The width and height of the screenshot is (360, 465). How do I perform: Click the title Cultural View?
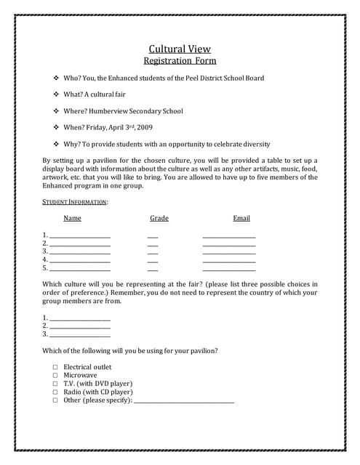180,49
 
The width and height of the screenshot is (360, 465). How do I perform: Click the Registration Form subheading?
180,61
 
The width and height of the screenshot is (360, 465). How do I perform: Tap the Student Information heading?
75,201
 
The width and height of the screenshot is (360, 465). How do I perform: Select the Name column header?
72,218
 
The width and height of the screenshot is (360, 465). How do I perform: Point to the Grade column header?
159,218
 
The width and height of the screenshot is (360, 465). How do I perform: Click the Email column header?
241,218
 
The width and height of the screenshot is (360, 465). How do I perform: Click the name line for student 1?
79,236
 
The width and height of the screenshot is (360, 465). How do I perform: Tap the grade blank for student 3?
153,252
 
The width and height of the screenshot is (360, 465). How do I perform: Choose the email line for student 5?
229,268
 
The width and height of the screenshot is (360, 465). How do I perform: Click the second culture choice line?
79,327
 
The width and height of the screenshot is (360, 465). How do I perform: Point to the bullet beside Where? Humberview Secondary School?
57,111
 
